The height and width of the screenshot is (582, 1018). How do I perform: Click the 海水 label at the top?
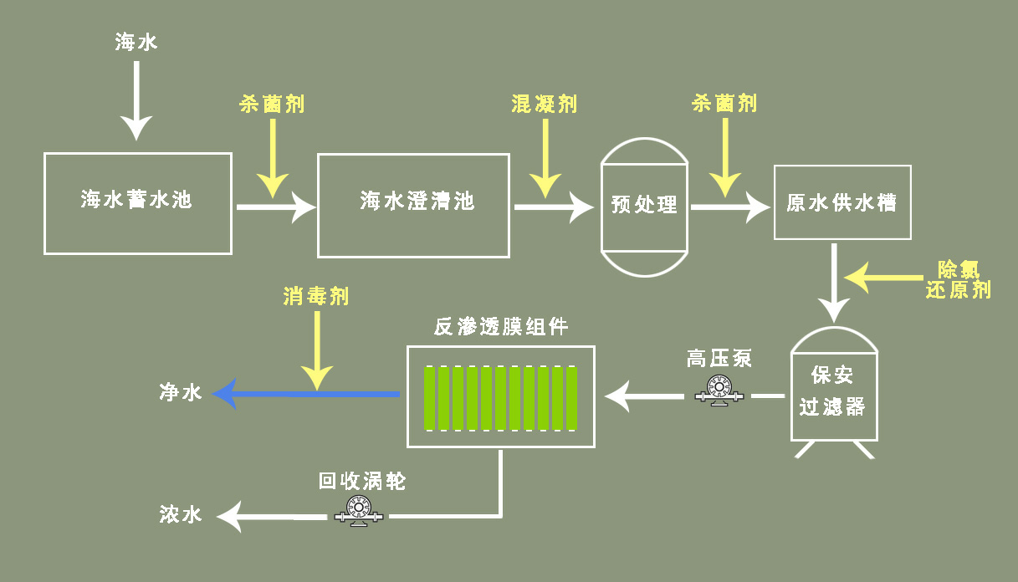coord(136,42)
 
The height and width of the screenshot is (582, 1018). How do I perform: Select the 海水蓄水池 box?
coord(138,203)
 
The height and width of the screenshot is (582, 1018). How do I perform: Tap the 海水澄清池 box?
coord(413,205)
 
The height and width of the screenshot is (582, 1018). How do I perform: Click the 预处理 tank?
coord(644,205)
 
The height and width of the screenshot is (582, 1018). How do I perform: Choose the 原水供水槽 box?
coord(842,203)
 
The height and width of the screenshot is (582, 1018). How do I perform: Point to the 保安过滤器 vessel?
coord(834,393)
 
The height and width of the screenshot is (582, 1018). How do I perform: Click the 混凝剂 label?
coord(545,104)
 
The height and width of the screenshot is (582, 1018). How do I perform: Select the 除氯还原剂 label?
coord(958,279)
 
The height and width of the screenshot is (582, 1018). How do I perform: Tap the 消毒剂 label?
coord(316,296)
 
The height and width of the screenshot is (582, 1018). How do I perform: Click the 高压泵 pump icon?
coord(717,391)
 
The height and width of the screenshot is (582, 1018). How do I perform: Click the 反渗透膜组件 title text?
coord(501,327)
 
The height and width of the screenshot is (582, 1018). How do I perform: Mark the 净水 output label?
coord(182,392)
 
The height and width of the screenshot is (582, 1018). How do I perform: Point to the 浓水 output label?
coord(182,514)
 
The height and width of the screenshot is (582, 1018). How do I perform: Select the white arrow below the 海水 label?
coord(136,100)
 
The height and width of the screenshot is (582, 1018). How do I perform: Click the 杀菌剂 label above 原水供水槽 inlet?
coord(724,104)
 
